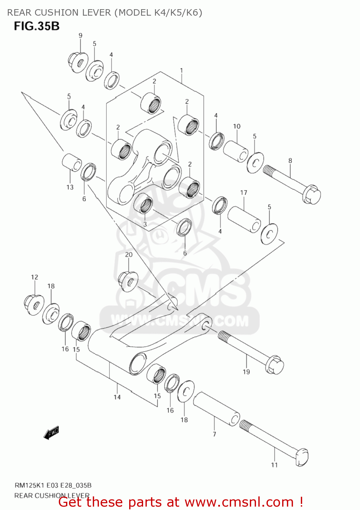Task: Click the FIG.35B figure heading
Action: [x=37, y=26]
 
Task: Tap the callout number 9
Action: [x=81, y=35]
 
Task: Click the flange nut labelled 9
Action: [x=78, y=62]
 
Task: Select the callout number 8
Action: [x=290, y=160]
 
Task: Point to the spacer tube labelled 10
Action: [x=236, y=151]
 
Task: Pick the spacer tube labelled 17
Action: [x=244, y=219]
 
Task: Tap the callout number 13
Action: [x=70, y=187]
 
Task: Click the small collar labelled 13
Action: [x=72, y=162]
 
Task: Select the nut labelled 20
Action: [x=128, y=281]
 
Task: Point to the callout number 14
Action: [x=117, y=397]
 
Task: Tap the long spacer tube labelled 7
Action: [x=216, y=409]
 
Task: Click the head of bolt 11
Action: [x=302, y=457]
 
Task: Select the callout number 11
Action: [x=274, y=465]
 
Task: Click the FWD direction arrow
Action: [x=52, y=433]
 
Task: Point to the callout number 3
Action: [x=145, y=224]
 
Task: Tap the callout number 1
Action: [x=182, y=70]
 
